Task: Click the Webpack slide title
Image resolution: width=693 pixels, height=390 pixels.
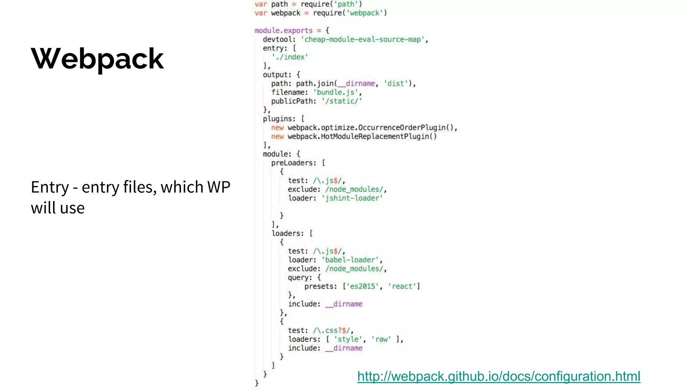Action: (x=97, y=59)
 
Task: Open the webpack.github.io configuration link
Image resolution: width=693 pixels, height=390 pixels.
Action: (x=499, y=376)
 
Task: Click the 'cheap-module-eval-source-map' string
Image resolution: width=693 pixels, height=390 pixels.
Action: (x=362, y=40)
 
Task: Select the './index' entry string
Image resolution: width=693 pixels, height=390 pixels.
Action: (x=290, y=57)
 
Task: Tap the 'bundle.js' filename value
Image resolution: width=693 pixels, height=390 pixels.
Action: (x=335, y=92)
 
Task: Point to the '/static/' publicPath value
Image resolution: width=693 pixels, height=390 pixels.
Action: (x=342, y=101)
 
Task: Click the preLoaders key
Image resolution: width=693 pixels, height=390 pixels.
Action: (x=293, y=163)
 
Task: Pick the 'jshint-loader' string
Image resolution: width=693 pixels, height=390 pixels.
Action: (x=352, y=198)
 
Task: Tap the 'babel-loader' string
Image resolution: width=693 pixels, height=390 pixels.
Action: (x=350, y=260)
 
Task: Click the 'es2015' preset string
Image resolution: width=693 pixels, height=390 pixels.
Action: (x=362, y=286)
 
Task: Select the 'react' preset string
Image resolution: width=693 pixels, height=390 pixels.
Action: (x=402, y=286)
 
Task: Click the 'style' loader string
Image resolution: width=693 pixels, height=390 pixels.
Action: (x=348, y=339)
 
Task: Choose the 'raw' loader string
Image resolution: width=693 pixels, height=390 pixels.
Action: (x=381, y=339)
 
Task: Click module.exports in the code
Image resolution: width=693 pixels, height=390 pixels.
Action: (x=284, y=31)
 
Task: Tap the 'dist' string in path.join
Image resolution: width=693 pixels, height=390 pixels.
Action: (x=396, y=84)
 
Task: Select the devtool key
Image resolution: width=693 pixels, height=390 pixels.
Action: (x=277, y=40)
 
